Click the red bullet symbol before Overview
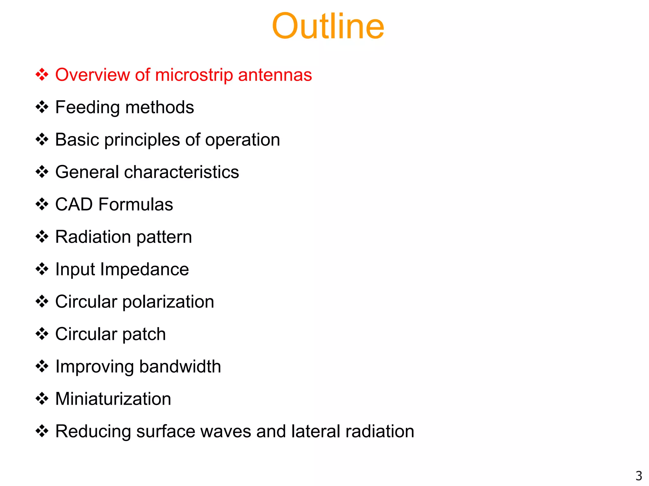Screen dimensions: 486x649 pyautogui.click(x=42, y=75)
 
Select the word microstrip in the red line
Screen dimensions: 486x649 pyautogui.click(x=194, y=75)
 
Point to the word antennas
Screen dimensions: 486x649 pyautogui.click(x=275, y=75)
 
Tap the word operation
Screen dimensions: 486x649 pyautogui.click(x=242, y=140)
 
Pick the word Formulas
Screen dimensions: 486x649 pyautogui.click(x=136, y=204)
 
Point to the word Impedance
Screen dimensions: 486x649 pyautogui.click(x=145, y=270)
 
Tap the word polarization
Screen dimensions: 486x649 pyautogui.click(x=168, y=302)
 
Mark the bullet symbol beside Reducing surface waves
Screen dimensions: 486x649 pyautogui.click(x=42, y=431)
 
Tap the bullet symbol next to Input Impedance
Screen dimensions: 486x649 pyautogui.click(x=42, y=269)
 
